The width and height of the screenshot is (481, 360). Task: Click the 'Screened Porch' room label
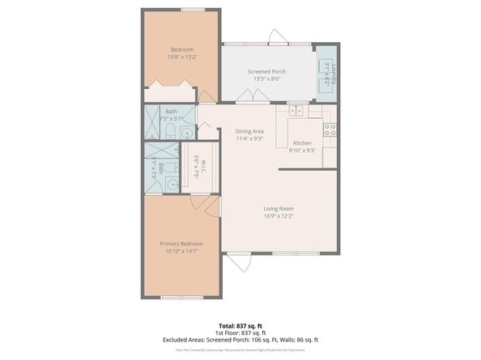tap(266, 71)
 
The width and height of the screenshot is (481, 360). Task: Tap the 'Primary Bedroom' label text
tap(181, 244)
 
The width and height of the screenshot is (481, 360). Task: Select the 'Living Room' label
tap(278, 209)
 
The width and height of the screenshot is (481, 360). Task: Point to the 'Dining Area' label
tap(249, 131)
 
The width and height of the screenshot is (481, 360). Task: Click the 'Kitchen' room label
tap(302, 143)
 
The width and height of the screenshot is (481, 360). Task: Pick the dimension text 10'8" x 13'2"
tap(181, 57)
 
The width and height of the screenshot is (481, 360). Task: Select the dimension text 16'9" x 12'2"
tap(278, 217)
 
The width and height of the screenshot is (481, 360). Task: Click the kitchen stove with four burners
tap(330, 128)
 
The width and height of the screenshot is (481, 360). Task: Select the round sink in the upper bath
tap(186, 132)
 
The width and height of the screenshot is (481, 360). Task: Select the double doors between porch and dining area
tap(251, 96)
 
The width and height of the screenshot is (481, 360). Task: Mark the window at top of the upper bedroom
tap(192, 10)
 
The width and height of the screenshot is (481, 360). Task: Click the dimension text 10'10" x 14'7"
tap(181, 252)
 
